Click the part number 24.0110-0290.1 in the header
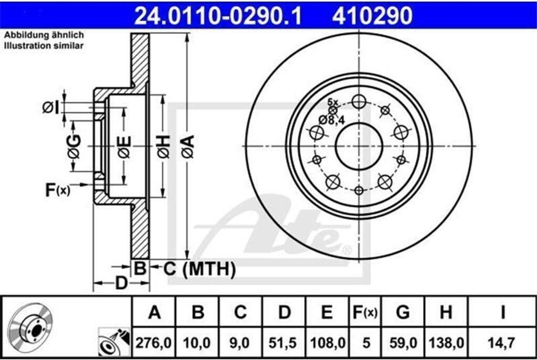coord(218,16)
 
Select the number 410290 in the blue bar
coord(372,16)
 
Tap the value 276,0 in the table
coord(153,343)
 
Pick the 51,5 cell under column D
coord(283,343)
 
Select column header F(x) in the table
coord(365,312)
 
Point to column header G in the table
coord(403,312)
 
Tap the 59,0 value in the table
coord(403,343)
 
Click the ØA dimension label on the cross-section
coord(188,147)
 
